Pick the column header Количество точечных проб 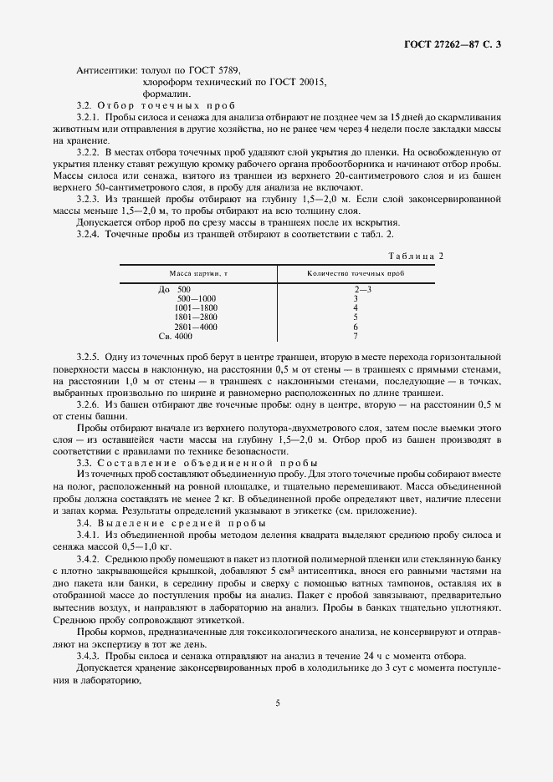356,273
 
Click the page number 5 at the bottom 277,703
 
